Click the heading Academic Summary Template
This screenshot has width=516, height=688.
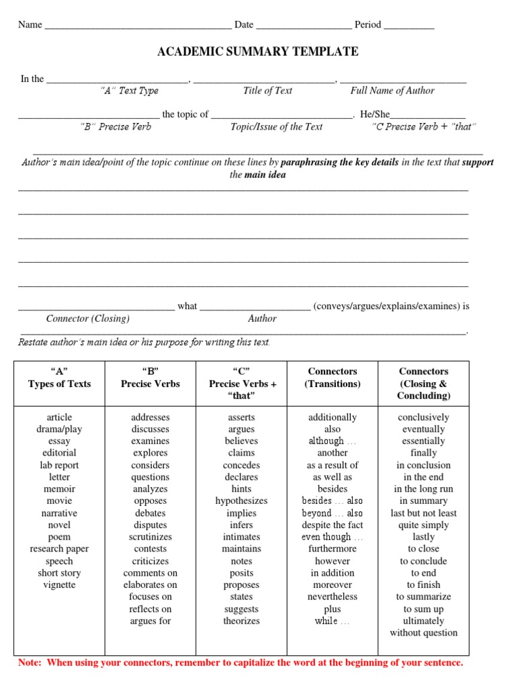coord(258,52)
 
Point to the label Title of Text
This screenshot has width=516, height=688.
coord(267,91)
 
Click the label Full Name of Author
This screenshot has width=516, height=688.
coord(392,91)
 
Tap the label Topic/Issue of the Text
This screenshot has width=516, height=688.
coord(276,126)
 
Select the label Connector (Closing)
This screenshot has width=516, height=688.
coord(87,318)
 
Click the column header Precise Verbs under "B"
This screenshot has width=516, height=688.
coord(150,384)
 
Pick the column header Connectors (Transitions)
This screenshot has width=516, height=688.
coord(332,378)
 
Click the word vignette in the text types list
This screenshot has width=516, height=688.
coord(59,585)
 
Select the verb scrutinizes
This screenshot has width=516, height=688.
coord(150,537)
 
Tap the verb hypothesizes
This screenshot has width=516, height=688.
coord(241,501)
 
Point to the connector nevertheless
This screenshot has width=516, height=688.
coord(332,597)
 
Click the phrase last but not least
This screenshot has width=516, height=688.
coord(423,513)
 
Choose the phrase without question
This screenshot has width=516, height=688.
coord(423,632)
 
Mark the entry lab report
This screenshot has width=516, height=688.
coord(59,465)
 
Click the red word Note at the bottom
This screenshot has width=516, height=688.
coord(29,662)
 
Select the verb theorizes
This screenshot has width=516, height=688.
coord(241,621)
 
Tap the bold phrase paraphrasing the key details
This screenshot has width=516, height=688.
coord(339,163)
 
